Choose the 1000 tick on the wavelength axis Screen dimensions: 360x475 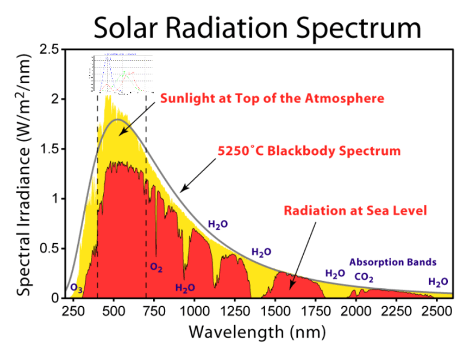click(194, 311)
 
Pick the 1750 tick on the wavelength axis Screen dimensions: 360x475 click(315, 311)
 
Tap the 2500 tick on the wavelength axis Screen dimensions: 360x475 click(436, 311)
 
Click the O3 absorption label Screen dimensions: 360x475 click(77, 288)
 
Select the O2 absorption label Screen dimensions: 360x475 click(156, 266)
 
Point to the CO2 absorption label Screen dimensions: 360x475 click(363, 277)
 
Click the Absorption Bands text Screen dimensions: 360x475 click(392, 262)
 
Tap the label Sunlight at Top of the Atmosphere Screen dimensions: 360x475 click(272, 98)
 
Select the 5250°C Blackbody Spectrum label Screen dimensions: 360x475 click(309, 151)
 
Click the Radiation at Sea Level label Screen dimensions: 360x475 click(356, 210)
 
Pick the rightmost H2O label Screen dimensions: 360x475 click(438, 282)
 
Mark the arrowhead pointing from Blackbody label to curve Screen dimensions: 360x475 click(183, 192)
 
